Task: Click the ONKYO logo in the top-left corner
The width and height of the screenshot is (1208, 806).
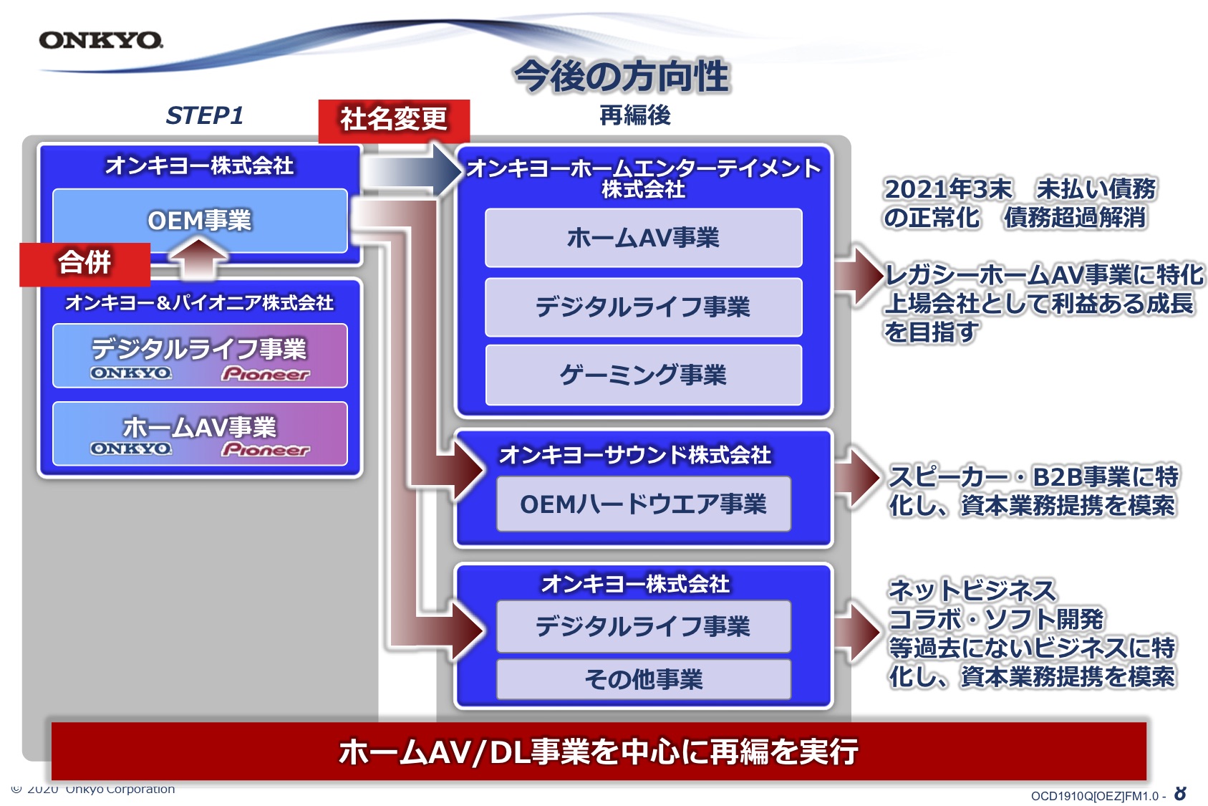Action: [x=101, y=40]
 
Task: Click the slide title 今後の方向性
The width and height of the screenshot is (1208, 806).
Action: [x=622, y=76]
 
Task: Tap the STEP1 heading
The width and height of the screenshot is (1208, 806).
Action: [x=204, y=115]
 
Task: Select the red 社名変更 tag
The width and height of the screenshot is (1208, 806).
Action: [x=394, y=120]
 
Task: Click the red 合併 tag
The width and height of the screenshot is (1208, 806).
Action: [x=84, y=264]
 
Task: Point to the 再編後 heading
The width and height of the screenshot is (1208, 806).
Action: [x=635, y=115]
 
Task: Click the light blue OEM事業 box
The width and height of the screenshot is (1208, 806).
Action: [x=200, y=221]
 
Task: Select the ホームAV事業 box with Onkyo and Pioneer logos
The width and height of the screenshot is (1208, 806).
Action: [x=200, y=433]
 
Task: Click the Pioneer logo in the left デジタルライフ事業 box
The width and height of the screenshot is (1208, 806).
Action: [x=266, y=373]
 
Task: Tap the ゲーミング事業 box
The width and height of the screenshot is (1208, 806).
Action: [x=643, y=375]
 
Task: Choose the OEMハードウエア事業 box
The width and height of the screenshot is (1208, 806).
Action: [x=643, y=504]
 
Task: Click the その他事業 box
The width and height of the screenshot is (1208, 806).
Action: [x=643, y=679]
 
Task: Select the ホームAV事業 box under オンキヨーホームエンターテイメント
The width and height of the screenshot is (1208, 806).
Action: [x=643, y=238]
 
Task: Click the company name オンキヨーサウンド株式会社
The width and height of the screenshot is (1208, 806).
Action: [x=635, y=456]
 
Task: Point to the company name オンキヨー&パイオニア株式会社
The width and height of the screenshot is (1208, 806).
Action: [x=200, y=302]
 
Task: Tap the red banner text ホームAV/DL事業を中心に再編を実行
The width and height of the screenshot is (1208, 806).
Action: [x=599, y=752]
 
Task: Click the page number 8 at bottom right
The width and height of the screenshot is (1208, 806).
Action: [x=1181, y=794]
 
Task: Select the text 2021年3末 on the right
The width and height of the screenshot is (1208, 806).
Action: [x=948, y=189]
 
